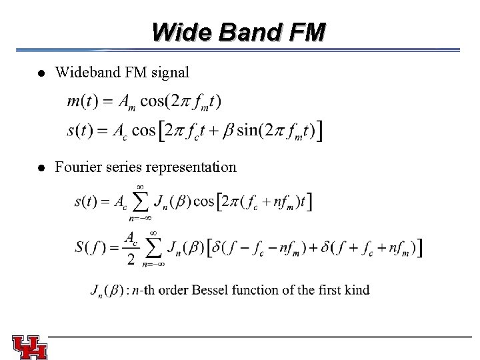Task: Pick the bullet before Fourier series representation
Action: pos(41,167)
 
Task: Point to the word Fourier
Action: pos(78,167)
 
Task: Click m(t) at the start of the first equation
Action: pos(80,101)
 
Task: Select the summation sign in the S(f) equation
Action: pos(154,249)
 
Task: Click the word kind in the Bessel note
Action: pos(356,291)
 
